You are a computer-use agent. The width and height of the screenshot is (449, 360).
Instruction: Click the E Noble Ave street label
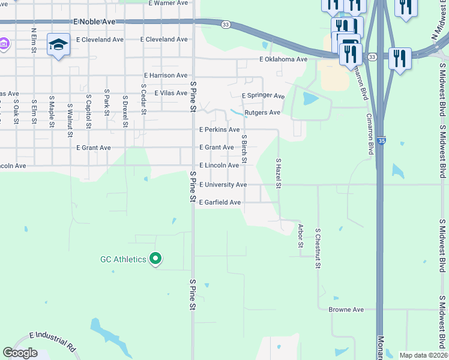click(x=94, y=21)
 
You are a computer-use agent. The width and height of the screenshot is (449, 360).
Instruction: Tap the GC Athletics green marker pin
click(x=155, y=259)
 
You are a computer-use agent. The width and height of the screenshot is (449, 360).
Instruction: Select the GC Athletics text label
click(x=123, y=259)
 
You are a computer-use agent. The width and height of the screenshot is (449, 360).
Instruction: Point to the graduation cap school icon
click(x=58, y=45)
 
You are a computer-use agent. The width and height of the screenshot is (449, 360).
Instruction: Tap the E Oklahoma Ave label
click(x=283, y=59)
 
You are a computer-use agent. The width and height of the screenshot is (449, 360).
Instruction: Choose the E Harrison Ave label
click(x=166, y=76)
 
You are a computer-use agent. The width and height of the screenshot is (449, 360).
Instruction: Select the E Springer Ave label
click(x=263, y=95)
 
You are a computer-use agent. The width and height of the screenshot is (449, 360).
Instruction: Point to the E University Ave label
click(x=223, y=185)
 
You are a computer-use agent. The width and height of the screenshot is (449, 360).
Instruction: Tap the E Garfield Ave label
click(x=220, y=203)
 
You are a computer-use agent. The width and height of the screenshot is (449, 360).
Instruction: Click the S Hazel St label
click(x=279, y=173)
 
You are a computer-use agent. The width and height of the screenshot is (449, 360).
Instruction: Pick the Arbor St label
click(x=300, y=236)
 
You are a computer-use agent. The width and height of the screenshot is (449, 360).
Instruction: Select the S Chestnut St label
click(x=318, y=247)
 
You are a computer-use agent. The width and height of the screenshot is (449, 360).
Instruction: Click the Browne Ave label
click(x=346, y=310)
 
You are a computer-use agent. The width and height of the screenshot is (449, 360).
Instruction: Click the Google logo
click(x=20, y=353)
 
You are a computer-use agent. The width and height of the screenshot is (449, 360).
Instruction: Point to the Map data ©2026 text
click(x=423, y=355)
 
